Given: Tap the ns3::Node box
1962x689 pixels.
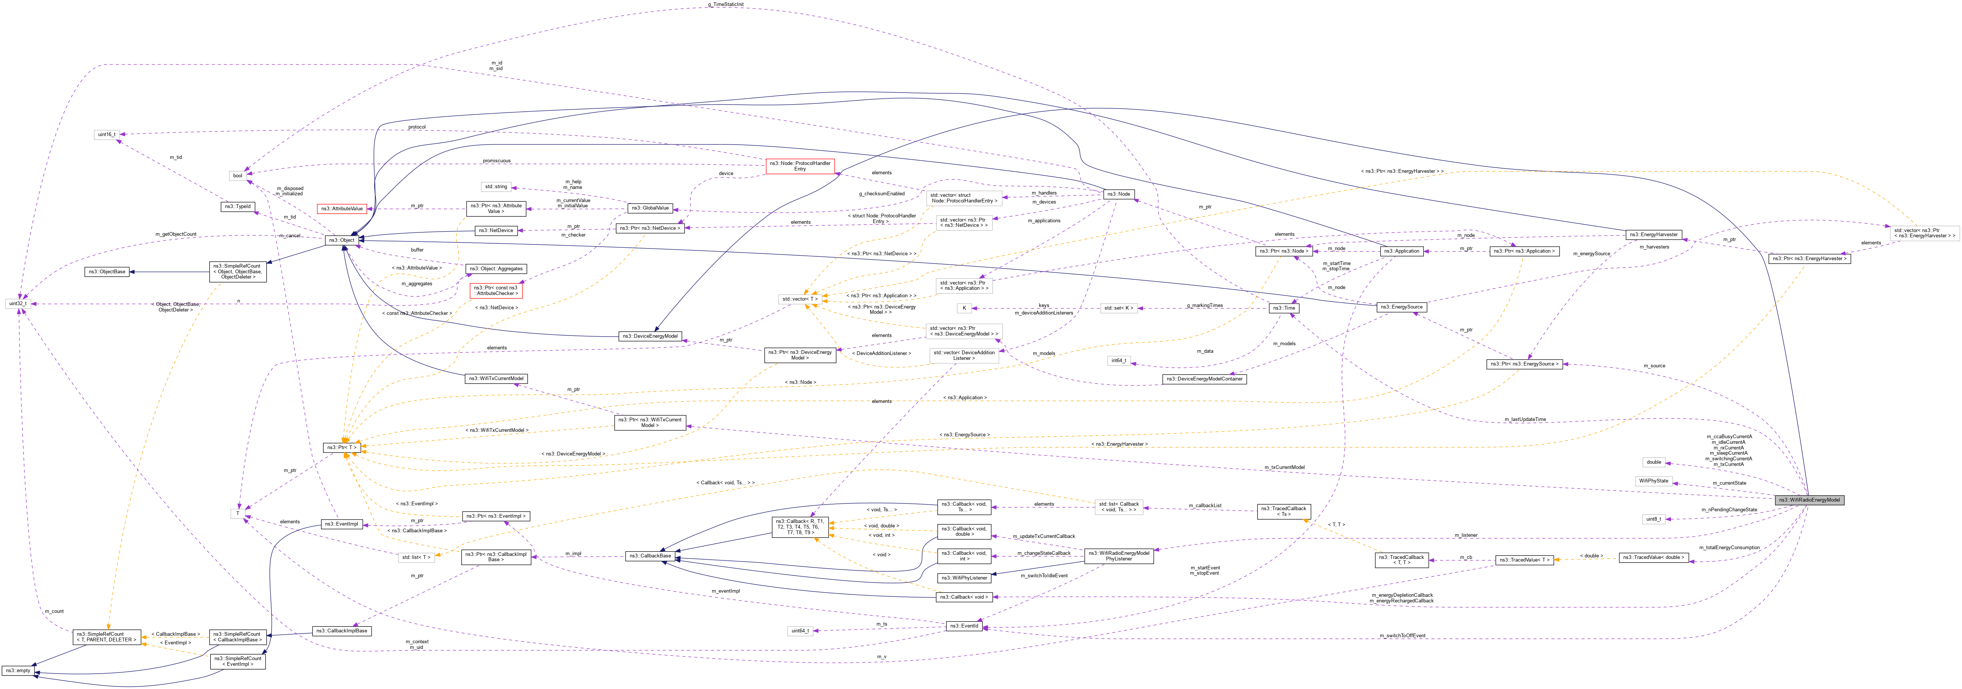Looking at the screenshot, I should [1119, 194].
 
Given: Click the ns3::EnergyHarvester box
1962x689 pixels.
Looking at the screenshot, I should [1653, 235].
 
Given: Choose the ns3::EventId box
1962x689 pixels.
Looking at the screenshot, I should [964, 626].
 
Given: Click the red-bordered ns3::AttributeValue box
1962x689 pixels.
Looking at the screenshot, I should [341, 208].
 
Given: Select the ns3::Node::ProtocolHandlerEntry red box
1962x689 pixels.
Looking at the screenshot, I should [800, 166].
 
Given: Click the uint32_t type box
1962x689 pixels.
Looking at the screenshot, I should [18, 303].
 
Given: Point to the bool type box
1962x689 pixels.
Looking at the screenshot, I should [238, 176].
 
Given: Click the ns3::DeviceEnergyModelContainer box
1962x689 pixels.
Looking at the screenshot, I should [1204, 379].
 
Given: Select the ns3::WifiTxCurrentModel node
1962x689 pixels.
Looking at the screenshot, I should [496, 378].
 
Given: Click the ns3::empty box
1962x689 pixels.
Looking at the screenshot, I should [18, 671].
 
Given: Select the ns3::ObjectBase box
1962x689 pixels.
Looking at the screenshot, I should [107, 272].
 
